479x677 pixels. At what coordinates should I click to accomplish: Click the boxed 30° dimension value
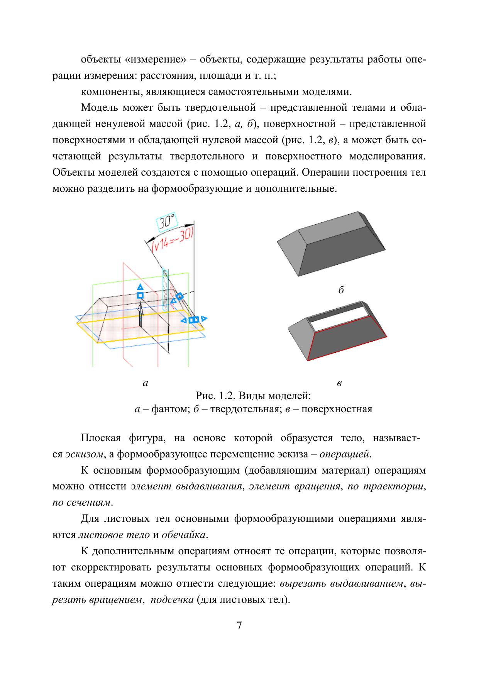[x=166, y=222]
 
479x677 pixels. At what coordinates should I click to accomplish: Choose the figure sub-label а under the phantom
[x=145, y=383]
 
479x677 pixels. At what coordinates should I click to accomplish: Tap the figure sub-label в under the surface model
[x=339, y=383]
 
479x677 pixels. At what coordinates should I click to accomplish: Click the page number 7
[x=239, y=626]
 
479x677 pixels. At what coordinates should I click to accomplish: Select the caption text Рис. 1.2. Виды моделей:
[x=253, y=396]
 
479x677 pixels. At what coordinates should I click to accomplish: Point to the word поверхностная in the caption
[x=337, y=409]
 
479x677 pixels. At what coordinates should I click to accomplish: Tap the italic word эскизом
[x=84, y=454]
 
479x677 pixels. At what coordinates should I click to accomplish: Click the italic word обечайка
[x=184, y=535]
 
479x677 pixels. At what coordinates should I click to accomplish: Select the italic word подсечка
[x=172, y=600]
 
